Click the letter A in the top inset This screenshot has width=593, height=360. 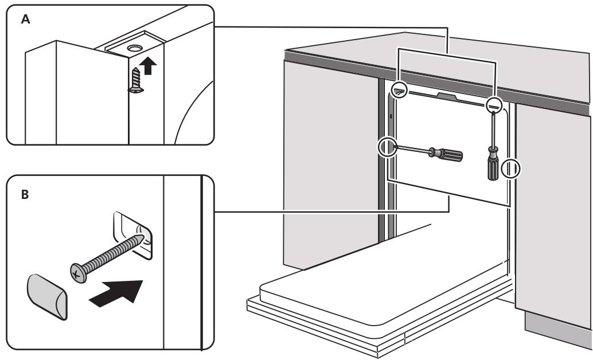(x=25, y=18)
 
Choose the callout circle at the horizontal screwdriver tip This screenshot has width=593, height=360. (x=387, y=147)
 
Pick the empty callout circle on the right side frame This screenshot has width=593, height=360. (x=510, y=169)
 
